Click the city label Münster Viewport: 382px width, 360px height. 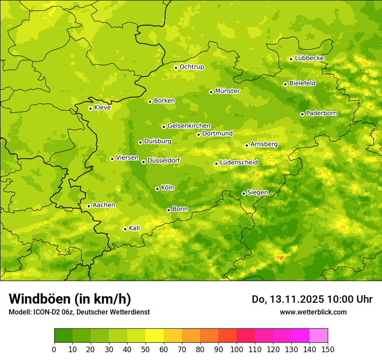227,91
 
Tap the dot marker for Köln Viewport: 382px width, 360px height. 157,189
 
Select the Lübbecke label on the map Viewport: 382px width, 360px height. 309,58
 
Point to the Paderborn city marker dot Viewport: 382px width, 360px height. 302,114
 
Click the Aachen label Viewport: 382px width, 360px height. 104,205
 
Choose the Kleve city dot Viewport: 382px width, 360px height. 90,108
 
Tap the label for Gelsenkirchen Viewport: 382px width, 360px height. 189,126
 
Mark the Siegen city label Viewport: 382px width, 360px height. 257,193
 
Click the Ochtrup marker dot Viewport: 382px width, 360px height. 176,68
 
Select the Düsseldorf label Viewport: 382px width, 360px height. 163,160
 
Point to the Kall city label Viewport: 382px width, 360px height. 134,228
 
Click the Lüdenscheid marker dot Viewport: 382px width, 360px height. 216,164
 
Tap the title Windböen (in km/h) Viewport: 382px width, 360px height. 70,299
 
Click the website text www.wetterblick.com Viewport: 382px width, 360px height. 313,312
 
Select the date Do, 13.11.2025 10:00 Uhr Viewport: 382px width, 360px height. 312,299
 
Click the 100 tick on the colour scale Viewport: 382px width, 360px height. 237,349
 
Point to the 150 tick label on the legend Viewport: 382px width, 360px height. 328,349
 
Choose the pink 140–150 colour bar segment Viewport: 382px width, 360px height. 319,336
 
